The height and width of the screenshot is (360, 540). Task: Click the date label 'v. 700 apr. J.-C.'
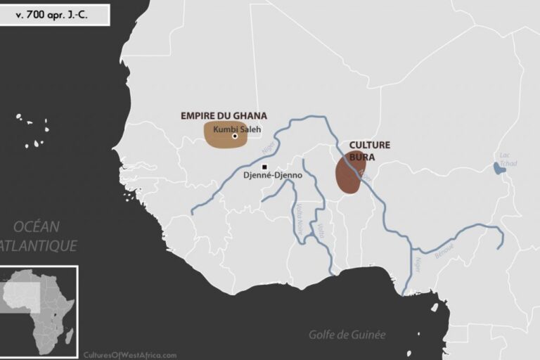54,14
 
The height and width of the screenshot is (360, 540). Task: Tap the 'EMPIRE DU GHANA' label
224,116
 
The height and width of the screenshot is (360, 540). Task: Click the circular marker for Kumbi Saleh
235,136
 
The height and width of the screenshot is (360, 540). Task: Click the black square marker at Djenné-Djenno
264,167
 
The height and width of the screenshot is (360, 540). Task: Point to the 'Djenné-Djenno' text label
272,175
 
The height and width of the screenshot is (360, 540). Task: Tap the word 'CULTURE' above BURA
369,145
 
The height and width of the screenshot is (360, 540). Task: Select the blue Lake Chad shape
499,168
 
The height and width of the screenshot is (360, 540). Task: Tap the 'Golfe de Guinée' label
347,335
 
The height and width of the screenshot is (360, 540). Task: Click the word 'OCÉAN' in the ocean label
37,226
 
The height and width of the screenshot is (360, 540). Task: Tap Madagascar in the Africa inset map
69,336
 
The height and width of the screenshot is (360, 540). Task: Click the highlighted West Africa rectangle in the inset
21,295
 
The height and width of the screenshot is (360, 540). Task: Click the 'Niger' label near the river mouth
417,264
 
